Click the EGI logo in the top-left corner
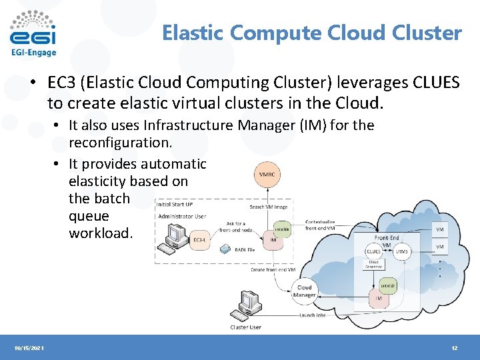pos(33,33)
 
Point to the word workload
pos(101,234)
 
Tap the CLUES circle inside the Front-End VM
pos(373,251)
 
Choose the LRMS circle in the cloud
pos(401,251)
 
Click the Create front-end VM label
pos(273,269)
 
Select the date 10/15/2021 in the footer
pos(28,348)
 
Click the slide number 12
pos(454,348)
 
